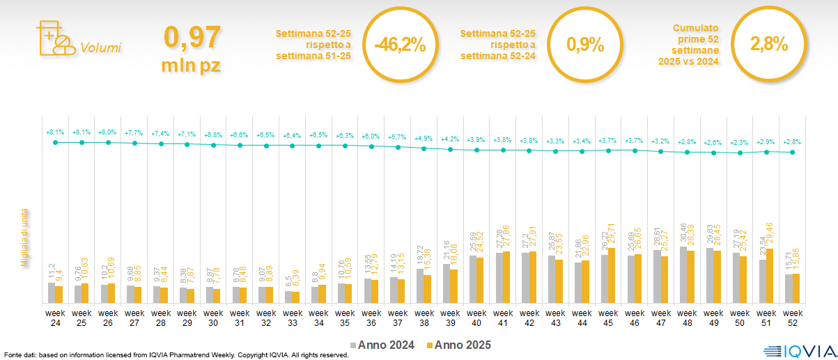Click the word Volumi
[100, 48]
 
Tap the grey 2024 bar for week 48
[683, 274]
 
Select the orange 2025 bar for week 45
[612, 275]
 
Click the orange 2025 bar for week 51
[770, 276]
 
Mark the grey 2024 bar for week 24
[52, 292]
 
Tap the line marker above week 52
[792, 152]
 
